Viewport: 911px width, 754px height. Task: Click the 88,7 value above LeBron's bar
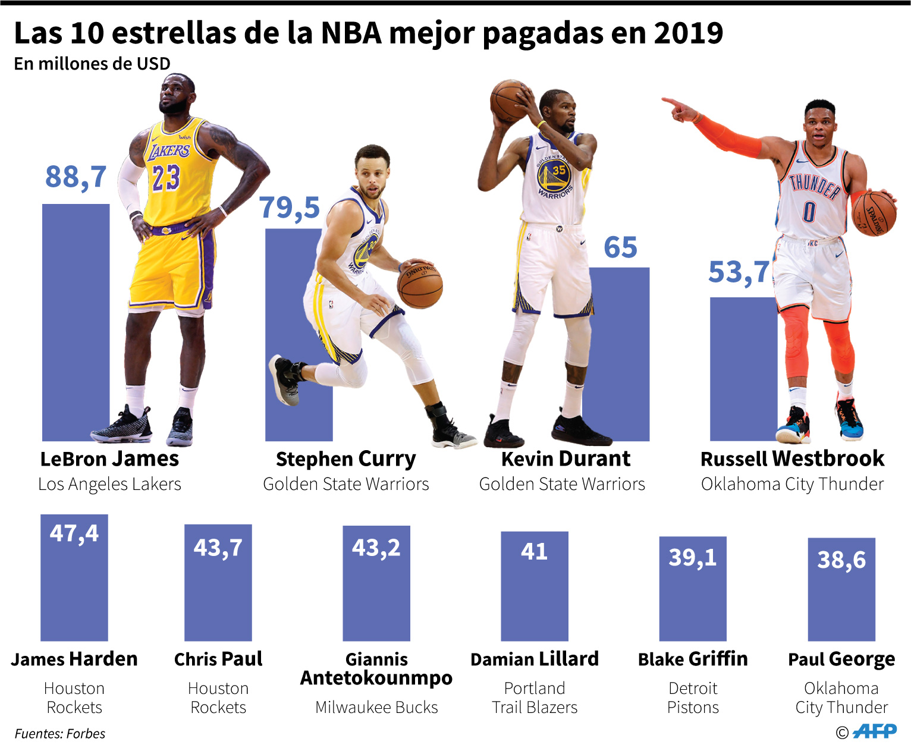pyautogui.click(x=76, y=177)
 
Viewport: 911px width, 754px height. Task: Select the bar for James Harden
pyautogui.click(x=74, y=589)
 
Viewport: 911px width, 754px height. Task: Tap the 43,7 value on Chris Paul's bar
pyautogui.click(x=218, y=548)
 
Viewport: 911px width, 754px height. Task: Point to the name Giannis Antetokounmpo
pyautogui.click(x=376, y=668)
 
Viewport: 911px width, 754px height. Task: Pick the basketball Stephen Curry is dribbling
pyautogui.click(x=420, y=285)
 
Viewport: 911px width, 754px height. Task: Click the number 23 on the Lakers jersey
pyautogui.click(x=166, y=177)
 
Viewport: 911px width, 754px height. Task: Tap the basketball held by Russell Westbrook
pyautogui.click(x=874, y=213)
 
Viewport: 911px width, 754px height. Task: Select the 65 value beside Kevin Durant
pyautogui.click(x=620, y=247)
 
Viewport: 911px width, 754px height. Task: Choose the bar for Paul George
pyautogui.click(x=841, y=601)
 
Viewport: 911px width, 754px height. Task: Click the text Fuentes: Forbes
pyautogui.click(x=60, y=734)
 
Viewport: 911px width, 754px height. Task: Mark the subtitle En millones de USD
pyautogui.click(x=92, y=64)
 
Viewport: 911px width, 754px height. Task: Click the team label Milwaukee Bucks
pyautogui.click(x=376, y=708)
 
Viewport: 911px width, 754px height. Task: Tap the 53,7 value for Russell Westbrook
pyautogui.click(x=739, y=273)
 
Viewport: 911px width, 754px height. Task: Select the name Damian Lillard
pyautogui.click(x=535, y=659)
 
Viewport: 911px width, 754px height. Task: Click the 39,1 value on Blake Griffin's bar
pyautogui.click(x=693, y=558)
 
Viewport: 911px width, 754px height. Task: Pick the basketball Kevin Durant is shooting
pyautogui.click(x=509, y=100)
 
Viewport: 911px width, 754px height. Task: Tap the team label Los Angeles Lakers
pyautogui.click(x=109, y=485)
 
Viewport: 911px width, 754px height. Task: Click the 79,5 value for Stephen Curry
pyautogui.click(x=290, y=208)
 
